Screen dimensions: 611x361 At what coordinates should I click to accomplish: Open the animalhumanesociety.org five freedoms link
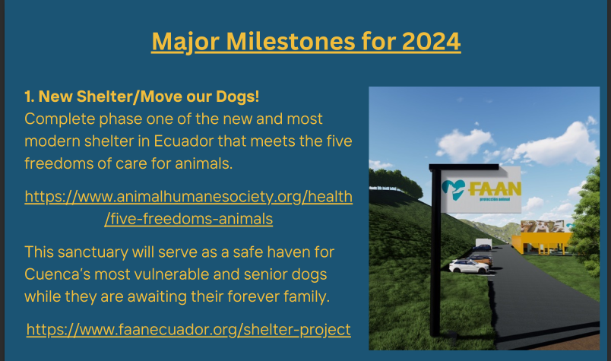pyautogui.click(x=188, y=207)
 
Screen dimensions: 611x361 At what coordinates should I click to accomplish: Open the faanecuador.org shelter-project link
pyautogui.click(x=188, y=329)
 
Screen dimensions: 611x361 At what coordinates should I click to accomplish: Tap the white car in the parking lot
pyautogui.click(x=469, y=267)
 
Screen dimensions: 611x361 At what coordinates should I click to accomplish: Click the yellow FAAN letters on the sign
pyautogui.click(x=495, y=189)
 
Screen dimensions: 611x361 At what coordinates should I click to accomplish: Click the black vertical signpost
pyautogui.click(x=435, y=252)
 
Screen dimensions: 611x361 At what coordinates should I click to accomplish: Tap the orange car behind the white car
pyautogui.click(x=482, y=259)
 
